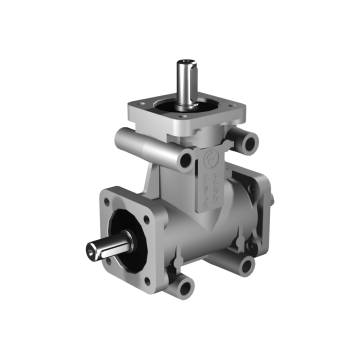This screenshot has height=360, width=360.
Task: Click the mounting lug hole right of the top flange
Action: [x=245, y=143]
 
